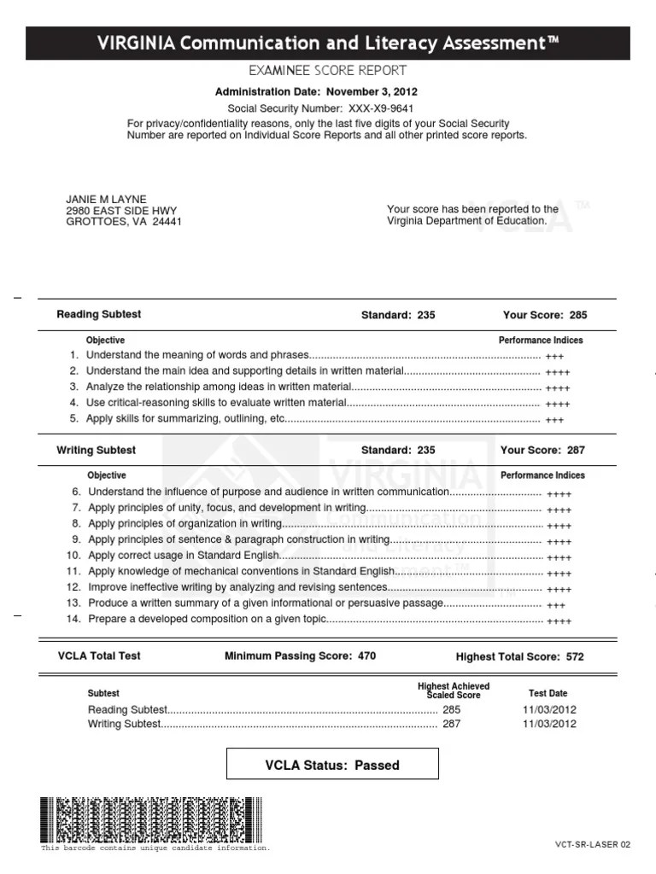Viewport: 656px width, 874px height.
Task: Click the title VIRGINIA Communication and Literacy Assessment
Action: (x=328, y=43)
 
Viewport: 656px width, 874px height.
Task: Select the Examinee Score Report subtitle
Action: (x=327, y=71)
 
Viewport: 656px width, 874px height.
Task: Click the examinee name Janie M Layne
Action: (x=106, y=200)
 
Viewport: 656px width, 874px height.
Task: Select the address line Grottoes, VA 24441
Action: (x=123, y=222)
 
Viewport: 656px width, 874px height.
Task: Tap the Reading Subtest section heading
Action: (x=98, y=314)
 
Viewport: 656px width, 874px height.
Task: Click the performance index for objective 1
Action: (x=554, y=357)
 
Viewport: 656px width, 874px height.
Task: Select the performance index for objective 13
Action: (x=555, y=605)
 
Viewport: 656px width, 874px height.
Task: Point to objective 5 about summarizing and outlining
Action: (x=185, y=419)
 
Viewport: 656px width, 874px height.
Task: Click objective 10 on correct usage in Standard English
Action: (x=184, y=556)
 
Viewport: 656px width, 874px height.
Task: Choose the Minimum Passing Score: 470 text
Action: (x=299, y=656)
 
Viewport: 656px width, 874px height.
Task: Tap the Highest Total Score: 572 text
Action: (x=519, y=657)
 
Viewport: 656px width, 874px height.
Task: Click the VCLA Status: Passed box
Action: (x=332, y=765)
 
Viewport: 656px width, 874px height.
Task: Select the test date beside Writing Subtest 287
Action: (x=549, y=725)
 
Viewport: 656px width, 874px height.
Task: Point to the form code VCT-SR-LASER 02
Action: (x=592, y=845)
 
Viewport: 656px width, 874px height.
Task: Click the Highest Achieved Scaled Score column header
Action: (x=454, y=690)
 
